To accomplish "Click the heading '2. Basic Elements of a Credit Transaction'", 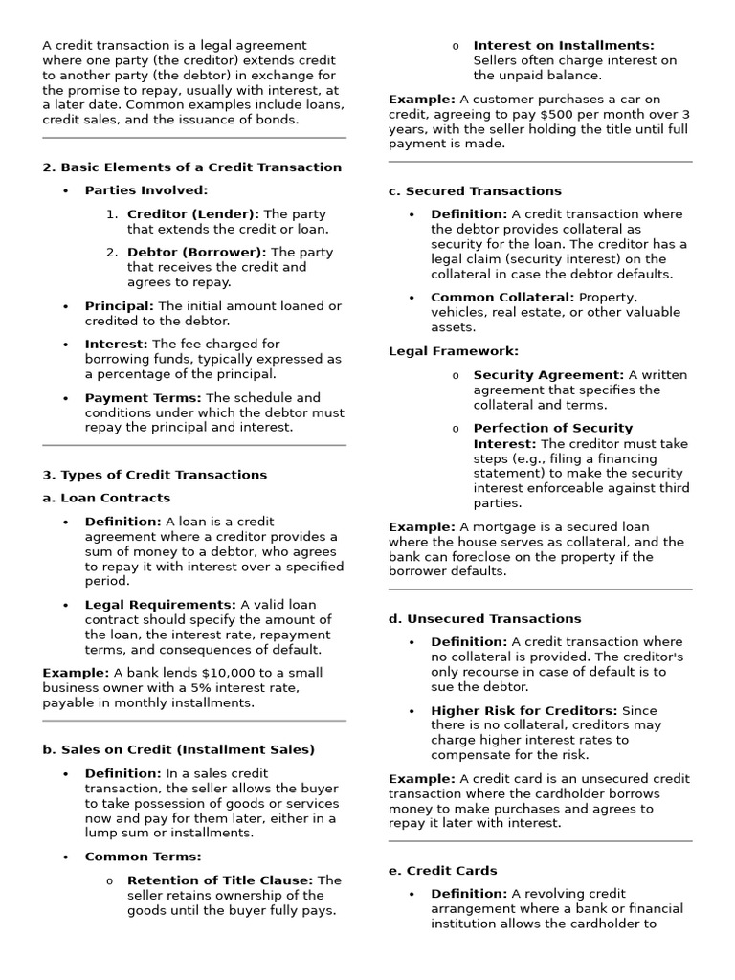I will coord(191,167).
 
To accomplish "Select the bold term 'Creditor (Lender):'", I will coord(192,214).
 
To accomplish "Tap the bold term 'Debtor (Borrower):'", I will coord(197,253).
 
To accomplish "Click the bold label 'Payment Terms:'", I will coord(143,398).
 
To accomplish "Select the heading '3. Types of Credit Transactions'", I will coord(154,475).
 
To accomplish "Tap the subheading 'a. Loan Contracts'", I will coord(106,498).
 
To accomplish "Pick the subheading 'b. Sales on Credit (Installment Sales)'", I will coord(178,749).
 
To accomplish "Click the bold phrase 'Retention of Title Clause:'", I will coord(219,880).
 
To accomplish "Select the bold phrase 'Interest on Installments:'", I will coord(564,45).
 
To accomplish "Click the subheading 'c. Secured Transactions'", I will coord(475,191).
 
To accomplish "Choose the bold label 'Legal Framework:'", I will coord(453,351).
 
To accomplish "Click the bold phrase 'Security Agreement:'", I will coord(548,375).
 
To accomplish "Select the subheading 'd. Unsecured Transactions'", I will coord(484,619).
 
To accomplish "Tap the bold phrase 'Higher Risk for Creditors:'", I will coord(523,711).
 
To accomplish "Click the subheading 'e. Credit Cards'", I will coord(442,871).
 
